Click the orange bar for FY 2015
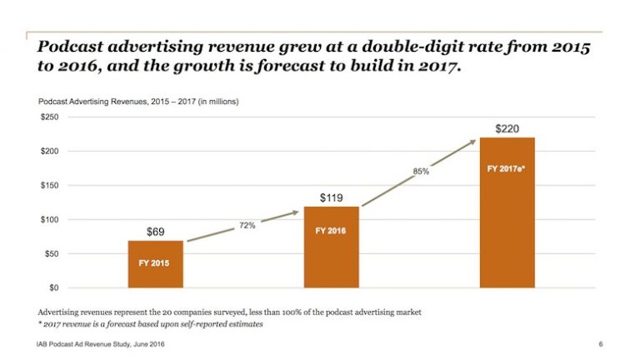tap(155, 263)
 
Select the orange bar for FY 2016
tap(332, 246)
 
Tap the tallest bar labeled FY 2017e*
tap(506, 212)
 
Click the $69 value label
tap(155, 231)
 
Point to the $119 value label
tap(332, 197)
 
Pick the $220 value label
tap(507, 128)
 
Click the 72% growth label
tap(247, 226)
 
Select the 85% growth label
tap(421, 172)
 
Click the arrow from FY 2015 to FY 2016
tap(242, 227)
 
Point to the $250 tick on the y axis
tap(49, 117)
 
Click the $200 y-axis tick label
tap(49, 152)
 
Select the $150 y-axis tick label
tap(49, 186)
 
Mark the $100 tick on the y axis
tap(49, 220)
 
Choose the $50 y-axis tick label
tap(51, 254)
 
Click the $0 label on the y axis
tap(54, 288)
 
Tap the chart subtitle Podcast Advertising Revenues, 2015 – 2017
tap(138, 101)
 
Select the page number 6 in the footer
tap(600, 344)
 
